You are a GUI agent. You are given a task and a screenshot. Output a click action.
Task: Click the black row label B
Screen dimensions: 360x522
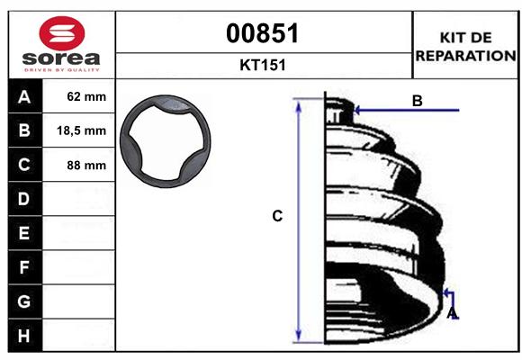24,130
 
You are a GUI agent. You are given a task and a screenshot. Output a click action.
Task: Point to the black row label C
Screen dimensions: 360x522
24,165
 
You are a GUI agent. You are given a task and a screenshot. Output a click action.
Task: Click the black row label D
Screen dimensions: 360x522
24,198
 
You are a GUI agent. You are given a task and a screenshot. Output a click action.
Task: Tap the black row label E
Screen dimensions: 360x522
24,233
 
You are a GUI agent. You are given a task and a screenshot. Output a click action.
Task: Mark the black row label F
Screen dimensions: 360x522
24,267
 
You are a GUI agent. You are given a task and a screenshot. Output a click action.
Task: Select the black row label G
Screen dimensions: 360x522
24,301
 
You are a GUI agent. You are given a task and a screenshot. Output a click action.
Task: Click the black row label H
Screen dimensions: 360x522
24,335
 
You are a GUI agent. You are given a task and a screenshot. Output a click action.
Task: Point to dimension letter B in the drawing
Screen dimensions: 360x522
417,102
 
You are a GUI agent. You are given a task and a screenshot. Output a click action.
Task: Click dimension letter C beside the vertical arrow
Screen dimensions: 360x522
278,216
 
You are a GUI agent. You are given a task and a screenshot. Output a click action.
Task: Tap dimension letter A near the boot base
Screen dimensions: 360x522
453,313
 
